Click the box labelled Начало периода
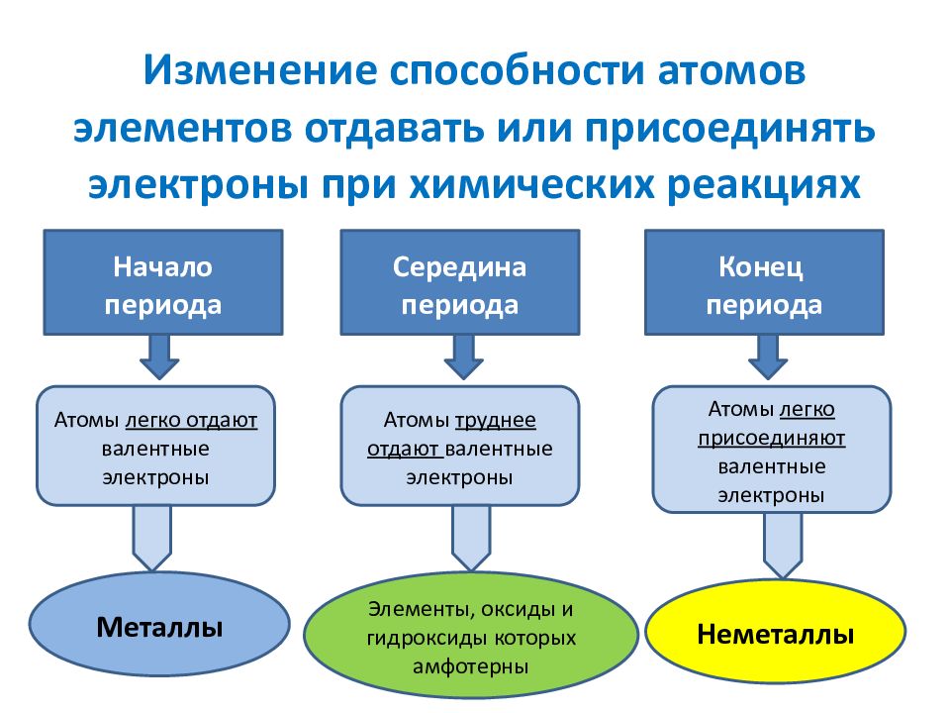coord(163,282)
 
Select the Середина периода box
coord(460,282)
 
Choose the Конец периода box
coord(764,282)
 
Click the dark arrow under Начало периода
coord(159,357)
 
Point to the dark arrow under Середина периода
coord(463,357)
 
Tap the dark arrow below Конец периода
coord(768,357)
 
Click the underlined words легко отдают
coord(191,420)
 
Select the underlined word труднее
coord(495,420)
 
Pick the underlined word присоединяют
coord(771,438)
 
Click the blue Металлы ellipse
coord(159,625)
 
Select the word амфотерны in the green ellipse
coord(471,666)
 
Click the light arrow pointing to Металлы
coord(152,538)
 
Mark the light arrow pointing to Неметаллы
coord(783,545)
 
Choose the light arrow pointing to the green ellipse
coord(471,538)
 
